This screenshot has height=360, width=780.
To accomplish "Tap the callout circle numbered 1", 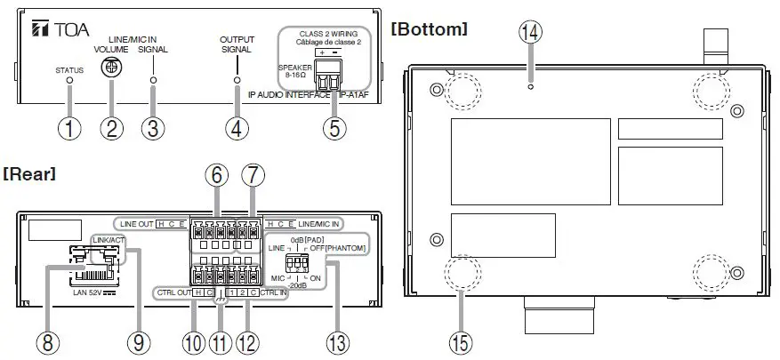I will [69, 128].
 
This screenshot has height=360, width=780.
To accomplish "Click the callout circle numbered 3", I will [153, 128].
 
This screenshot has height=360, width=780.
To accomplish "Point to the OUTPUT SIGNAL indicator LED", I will [236, 80].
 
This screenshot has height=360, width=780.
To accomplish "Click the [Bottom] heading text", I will [429, 28].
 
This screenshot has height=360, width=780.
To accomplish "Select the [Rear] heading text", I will [29, 174].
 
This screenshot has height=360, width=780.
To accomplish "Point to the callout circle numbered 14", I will [531, 32].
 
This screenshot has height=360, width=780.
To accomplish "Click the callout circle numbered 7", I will [253, 178].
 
